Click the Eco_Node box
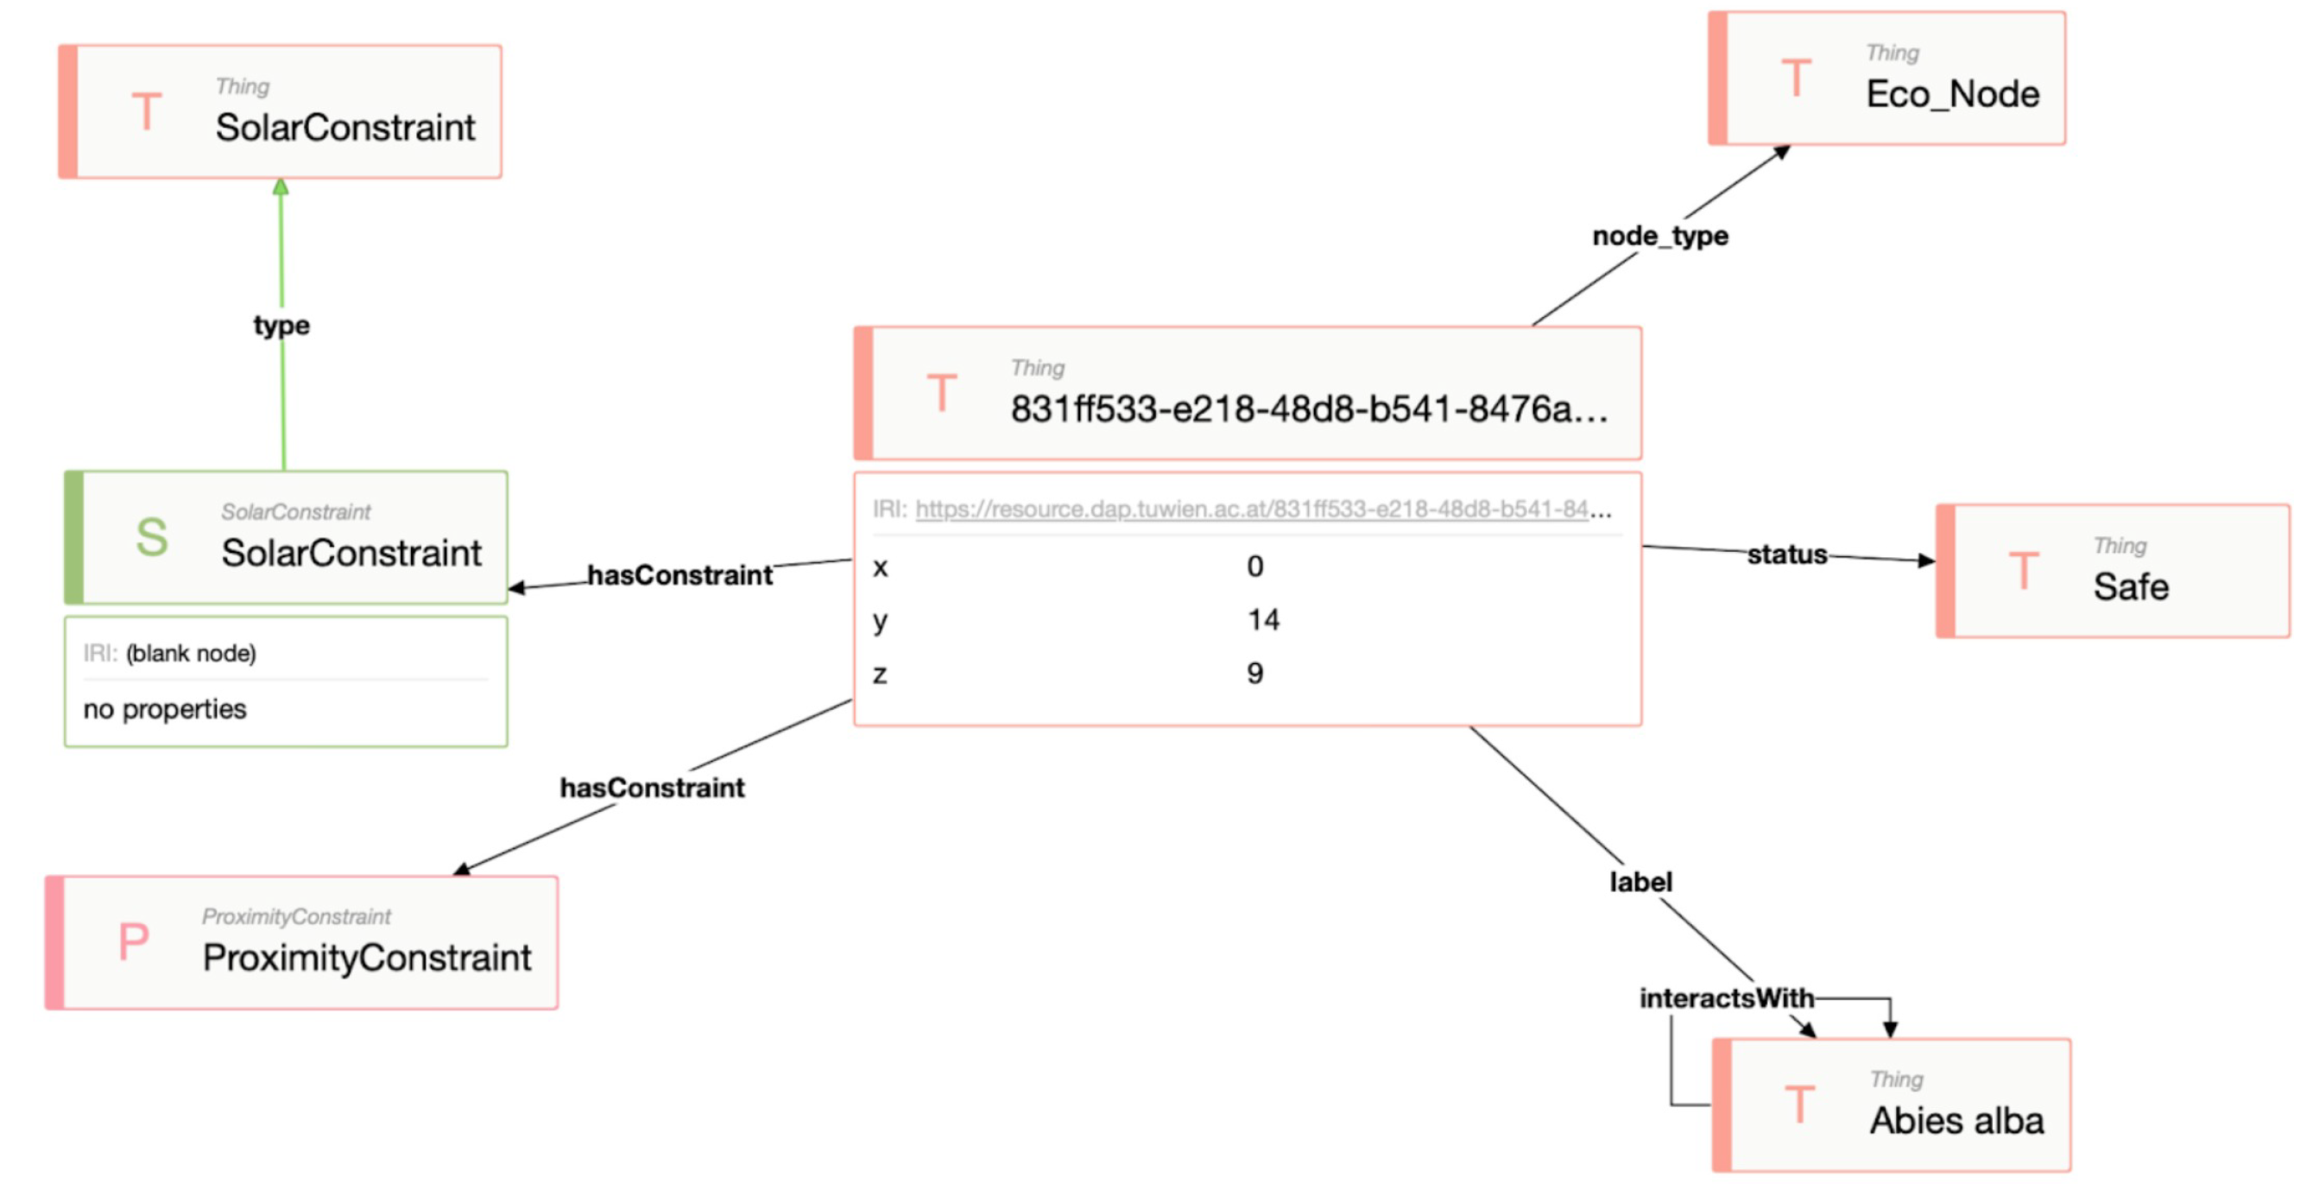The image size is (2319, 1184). pyautogui.click(x=1887, y=79)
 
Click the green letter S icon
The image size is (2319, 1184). pyautogui.click(x=151, y=537)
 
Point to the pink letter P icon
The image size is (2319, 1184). pyautogui.click(x=133, y=942)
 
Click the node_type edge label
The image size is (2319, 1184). pyautogui.click(x=1660, y=236)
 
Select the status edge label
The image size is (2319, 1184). pyautogui.click(x=1787, y=554)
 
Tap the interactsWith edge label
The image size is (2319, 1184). pyautogui.click(x=1726, y=997)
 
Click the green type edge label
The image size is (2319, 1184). pyautogui.click(x=281, y=325)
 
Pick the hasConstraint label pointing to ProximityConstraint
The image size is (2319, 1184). pyautogui.click(x=652, y=788)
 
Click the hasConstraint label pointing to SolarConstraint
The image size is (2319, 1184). pyautogui.click(x=679, y=574)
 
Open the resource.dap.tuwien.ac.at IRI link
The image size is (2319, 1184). pyautogui.click(x=1251, y=510)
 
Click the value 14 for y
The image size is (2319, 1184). pyautogui.click(x=1263, y=619)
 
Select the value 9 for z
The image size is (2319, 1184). pyautogui.click(x=1255, y=673)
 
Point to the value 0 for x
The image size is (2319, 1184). pyautogui.click(x=1255, y=567)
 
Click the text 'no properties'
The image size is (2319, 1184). pyautogui.click(x=165, y=710)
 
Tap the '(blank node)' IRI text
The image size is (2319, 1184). pyautogui.click(x=191, y=653)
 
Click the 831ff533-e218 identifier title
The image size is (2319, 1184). pyautogui.click(x=1308, y=409)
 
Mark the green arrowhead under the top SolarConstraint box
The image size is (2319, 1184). pyautogui.click(x=281, y=187)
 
